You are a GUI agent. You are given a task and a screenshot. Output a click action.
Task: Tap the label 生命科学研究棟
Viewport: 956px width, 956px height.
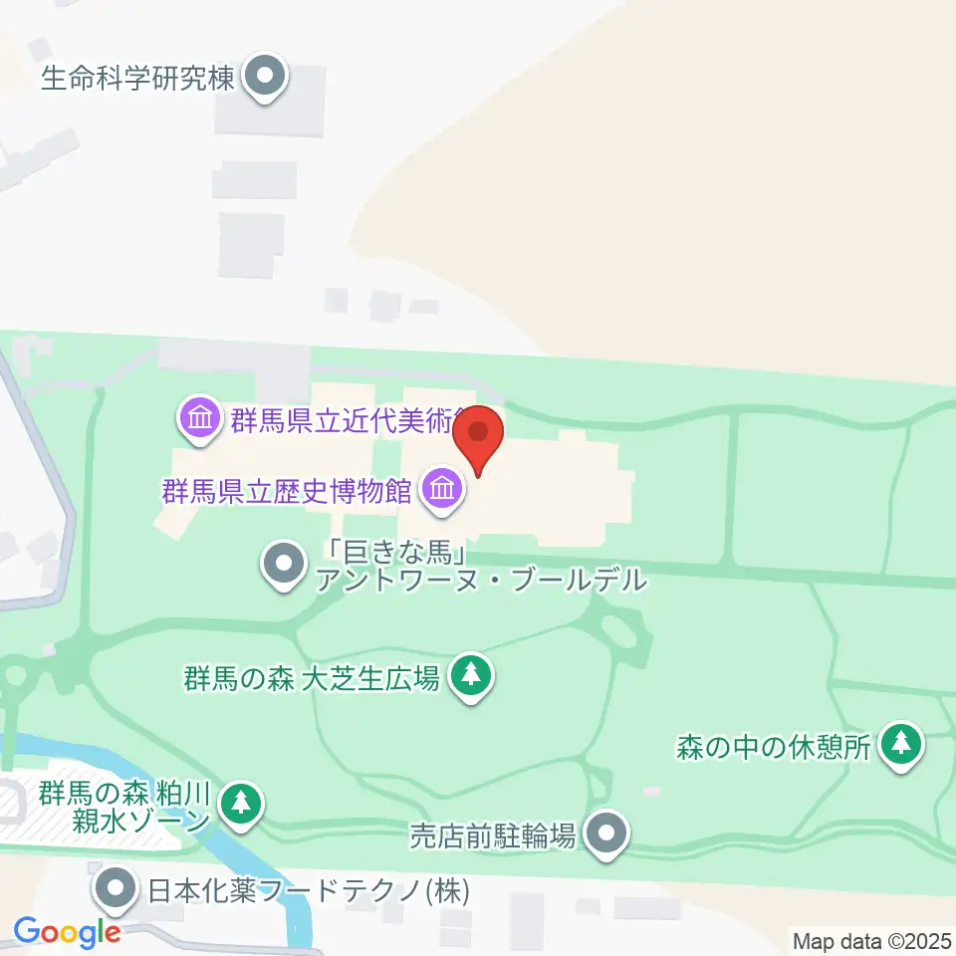pos(137,78)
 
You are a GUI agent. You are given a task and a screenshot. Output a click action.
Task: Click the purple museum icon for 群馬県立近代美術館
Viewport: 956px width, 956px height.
pos(201,418)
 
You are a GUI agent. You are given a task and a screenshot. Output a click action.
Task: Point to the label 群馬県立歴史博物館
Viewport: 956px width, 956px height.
pos(288,490)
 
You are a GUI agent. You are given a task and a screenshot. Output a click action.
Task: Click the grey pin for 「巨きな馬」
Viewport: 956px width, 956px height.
pos(284,564)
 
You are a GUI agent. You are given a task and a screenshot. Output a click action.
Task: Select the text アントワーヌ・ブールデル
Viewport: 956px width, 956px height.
pos(481,581)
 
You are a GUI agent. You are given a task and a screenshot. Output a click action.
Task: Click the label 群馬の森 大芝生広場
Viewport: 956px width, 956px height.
pos(311,679)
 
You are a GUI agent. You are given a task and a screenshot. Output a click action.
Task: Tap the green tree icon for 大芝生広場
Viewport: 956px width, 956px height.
pos(473,677)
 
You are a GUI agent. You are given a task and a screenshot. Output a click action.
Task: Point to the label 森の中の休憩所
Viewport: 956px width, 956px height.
pos(774,746)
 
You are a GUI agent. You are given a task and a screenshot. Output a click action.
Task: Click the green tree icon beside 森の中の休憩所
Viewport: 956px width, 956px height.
pos(902,744)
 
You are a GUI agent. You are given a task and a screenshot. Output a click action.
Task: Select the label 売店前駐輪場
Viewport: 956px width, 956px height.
pos(494,835)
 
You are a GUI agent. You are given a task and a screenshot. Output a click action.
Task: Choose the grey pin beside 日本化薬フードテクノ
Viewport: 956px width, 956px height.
pos(118,887)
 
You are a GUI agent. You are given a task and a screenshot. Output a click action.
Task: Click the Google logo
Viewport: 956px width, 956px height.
pos(67,932)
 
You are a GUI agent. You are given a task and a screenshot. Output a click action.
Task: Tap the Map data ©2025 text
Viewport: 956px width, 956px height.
pos(871,940)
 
